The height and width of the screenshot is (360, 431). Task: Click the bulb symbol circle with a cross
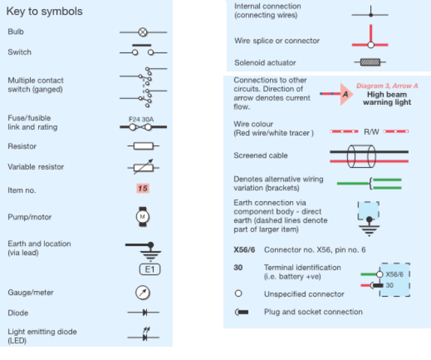[x=142, y=32]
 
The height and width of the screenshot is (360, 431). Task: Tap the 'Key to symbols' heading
[x=44, y=11]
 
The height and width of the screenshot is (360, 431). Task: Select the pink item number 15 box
[x=142, y=188]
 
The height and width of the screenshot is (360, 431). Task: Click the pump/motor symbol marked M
[x=142, y=217]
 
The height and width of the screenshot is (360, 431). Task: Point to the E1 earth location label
[x=150, y=269]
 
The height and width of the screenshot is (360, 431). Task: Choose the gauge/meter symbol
[x=142, y=292]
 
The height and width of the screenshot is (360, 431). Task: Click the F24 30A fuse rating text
[x=141, y=119]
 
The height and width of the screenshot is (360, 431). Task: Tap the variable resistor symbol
[x=143, y=167]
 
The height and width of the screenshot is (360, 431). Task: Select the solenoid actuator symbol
[x=370, y=62]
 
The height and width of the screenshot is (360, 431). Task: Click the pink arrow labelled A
[x=346, y=94]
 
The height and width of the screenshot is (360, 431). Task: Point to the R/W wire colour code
[x=371, y=132]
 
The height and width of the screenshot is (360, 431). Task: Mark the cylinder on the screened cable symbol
[x=361, y=156]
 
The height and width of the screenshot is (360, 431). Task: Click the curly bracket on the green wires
[x=371, y=184]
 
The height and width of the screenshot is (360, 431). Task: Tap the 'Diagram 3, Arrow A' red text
[x=387, y=85]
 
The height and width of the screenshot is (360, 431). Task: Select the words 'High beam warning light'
[x=387, y=98]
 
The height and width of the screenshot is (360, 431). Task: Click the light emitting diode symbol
[x=143, y=334]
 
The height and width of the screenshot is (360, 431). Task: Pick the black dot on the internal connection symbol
[x=371, y=15]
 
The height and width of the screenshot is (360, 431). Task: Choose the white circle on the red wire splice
[x=371, y=44]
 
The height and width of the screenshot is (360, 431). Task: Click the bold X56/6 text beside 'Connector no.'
[x=244, y=250]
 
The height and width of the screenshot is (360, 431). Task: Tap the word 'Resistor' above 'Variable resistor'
[x=22, y=146]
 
